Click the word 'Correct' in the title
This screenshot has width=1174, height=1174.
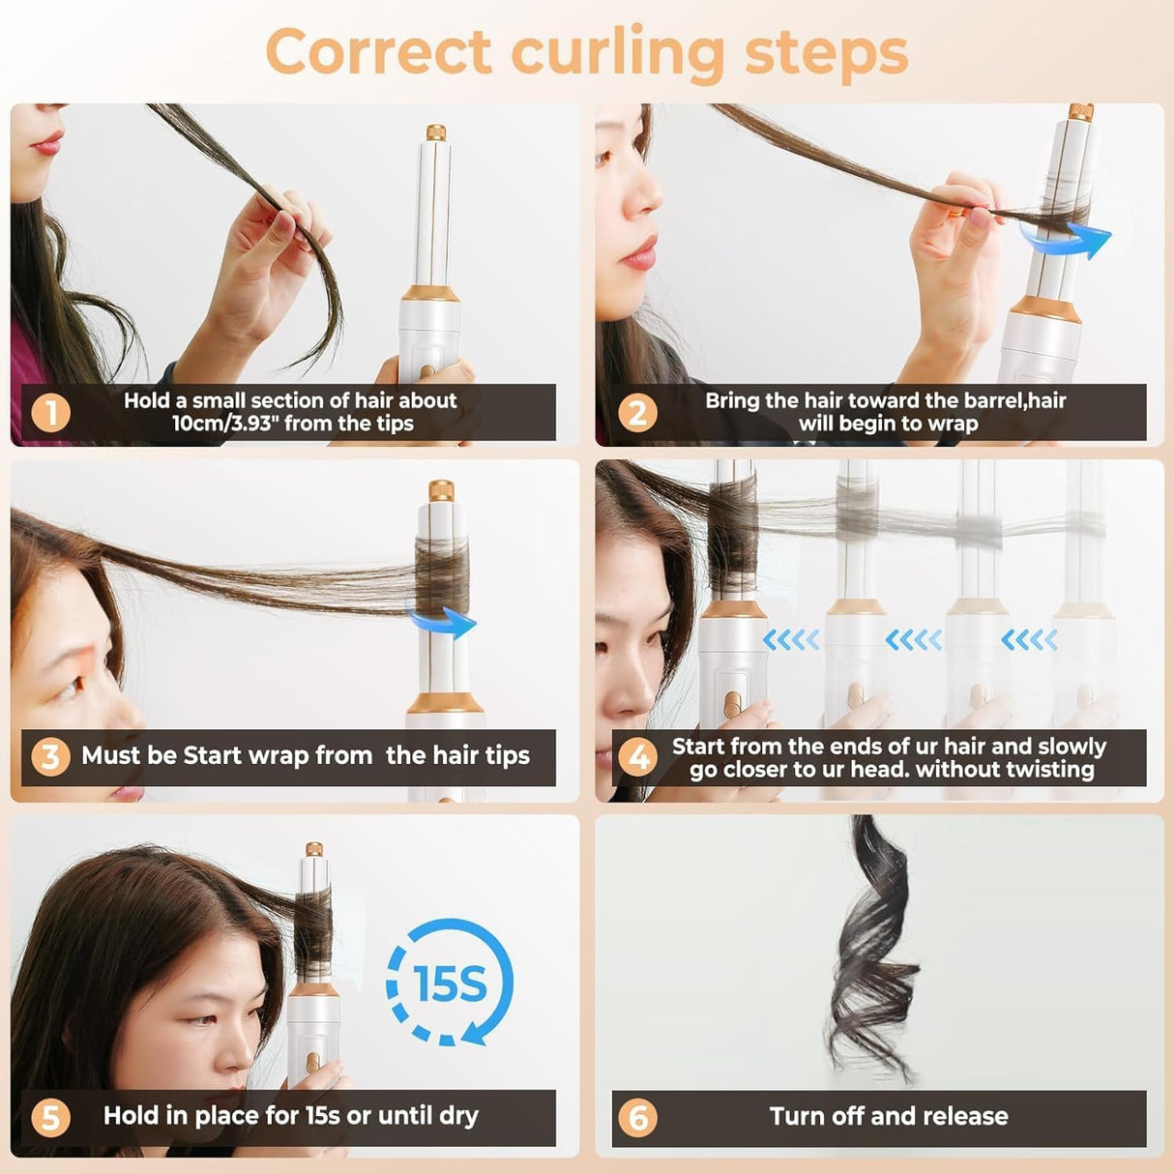(x=379, y=52)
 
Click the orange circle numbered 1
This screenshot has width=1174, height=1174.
(x=51, y=413)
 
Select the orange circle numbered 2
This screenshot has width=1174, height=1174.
(x=636, y=413)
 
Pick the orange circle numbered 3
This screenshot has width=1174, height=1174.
(x=50, y=756)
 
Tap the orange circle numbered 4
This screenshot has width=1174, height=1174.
(x=638, y=757)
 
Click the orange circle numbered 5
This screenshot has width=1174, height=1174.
(x=50, y=1118)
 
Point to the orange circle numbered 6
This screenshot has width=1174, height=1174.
(x=638, y=1118)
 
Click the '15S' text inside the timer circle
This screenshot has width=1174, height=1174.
(x=449, y=983)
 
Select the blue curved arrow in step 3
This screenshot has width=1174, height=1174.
(x=442, y=622)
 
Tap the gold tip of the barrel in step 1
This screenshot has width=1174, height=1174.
(x=436, y=132)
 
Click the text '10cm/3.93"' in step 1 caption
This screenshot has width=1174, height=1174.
(x=224, y=424)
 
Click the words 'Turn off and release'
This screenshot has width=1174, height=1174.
(x=889, y=1117)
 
